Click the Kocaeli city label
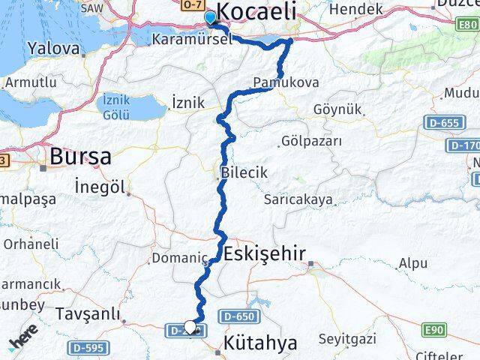tap(256, 13)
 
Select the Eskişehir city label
tap(264, 254)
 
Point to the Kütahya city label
tap(260, 343)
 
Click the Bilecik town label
tap(244, 173)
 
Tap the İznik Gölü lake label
tap(115, 106)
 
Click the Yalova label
tap(53, 49)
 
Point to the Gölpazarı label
tap(311, 141)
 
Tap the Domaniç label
tap(179, 259)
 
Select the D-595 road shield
tap(88, 348)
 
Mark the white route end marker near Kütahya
tap(190, 326)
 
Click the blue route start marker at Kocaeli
tap(210, 15)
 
